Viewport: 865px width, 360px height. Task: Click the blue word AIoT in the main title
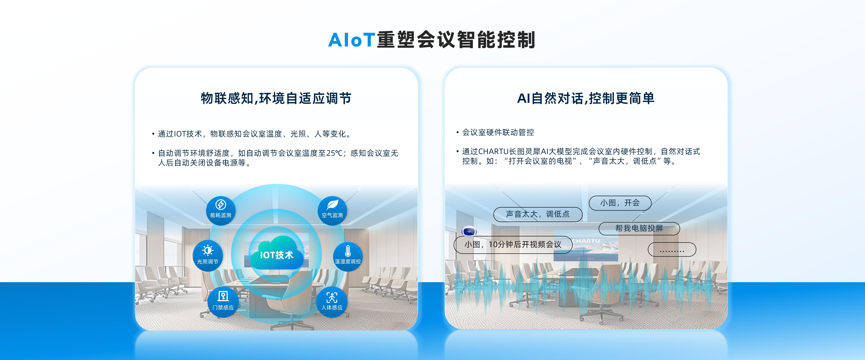click(x=351, y=40)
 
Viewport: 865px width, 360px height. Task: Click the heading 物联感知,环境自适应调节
click(x=276, y=98)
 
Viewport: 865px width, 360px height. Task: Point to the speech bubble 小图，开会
click(x=620, y=203)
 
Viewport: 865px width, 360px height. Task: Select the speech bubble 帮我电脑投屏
click(x=639, y=229)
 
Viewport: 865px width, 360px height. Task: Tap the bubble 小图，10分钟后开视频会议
click(x=513, y=245)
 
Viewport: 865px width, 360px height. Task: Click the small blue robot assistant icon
click(x=469, y=232)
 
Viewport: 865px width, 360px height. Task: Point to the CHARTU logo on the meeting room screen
click(x=586, y=241)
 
